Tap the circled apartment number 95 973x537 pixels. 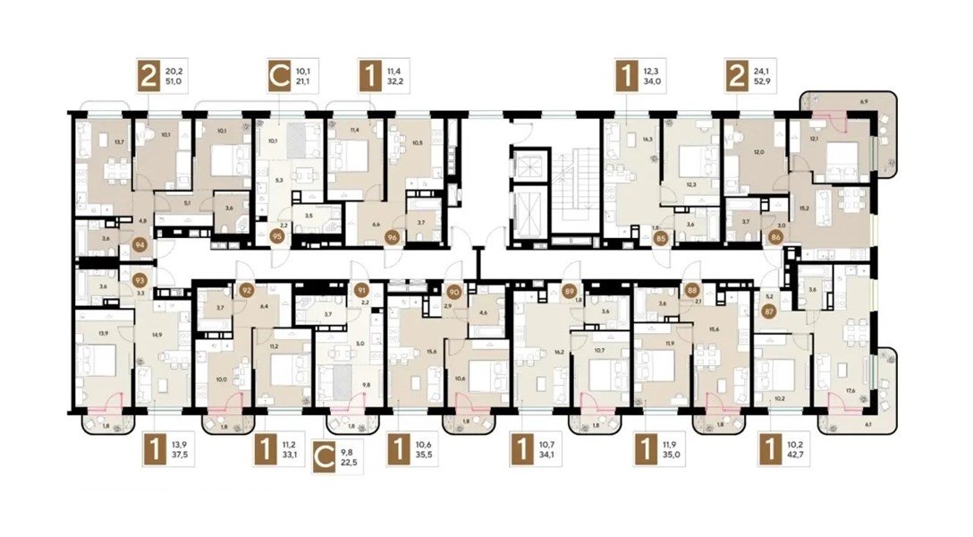pyautogui.click(x=276, y=237)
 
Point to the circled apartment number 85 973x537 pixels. pyautogui.click(x=660, y=238)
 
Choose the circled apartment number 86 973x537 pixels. pyautogui.click(x=774, y=238)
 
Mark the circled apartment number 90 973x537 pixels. pyautogui.click(x=453, y=291)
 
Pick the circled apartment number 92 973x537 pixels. pyautogui.click(x=247, y=290)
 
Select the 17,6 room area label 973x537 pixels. pyautogui.click(x=844, y=389)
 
